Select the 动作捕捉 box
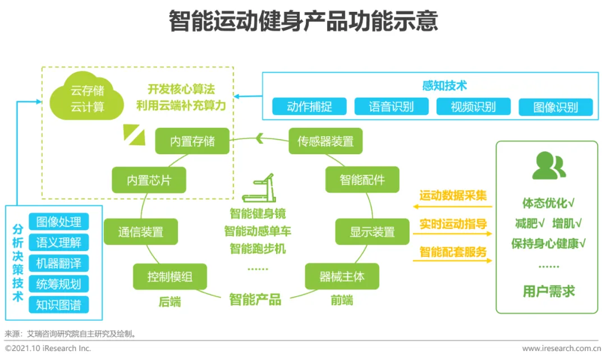309,107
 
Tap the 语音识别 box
391,107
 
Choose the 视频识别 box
473,107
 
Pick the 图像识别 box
555,107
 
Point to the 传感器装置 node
325,141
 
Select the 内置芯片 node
149,180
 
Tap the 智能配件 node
362,180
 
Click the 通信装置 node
141,232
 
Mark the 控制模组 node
170,276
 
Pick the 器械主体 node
342,276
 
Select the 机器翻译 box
58,263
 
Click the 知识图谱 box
58,304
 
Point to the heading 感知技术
444,86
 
